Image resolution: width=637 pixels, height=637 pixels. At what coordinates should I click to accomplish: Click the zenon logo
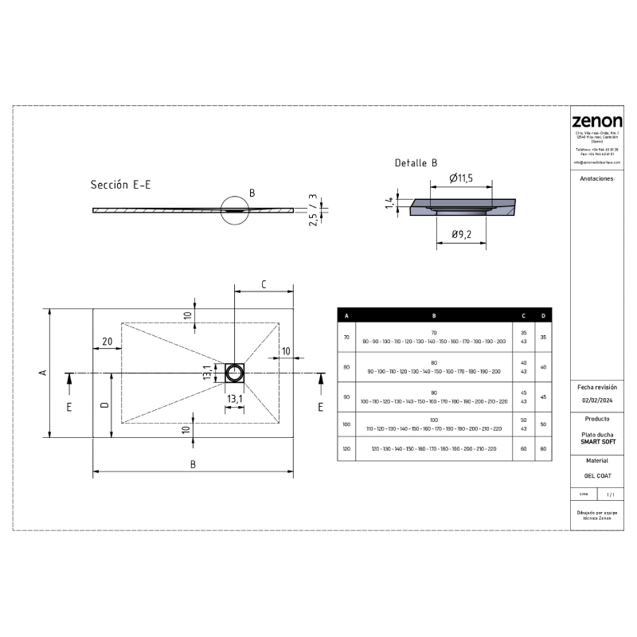[597, 121]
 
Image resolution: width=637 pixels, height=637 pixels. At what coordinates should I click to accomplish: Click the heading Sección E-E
[120, 185]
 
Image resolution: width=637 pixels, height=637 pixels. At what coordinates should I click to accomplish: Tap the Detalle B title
[416, 163]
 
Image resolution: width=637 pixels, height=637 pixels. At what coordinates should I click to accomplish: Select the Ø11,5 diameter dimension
[461, 178]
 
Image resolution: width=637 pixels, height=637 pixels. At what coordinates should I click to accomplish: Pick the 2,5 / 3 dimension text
[314, 209]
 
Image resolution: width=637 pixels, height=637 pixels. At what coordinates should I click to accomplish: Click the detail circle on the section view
[235, 210]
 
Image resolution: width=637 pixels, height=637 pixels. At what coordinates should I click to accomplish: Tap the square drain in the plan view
[235, 373]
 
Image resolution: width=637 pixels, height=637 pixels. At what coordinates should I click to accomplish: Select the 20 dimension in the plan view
[107, 342]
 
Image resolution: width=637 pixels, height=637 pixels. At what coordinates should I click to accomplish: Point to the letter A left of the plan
[45, 373]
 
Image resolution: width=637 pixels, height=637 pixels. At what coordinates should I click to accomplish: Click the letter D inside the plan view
[104, 405]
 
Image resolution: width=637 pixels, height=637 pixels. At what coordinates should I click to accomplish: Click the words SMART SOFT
[597, 441]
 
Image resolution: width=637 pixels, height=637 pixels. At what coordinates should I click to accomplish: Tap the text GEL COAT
[597, 475]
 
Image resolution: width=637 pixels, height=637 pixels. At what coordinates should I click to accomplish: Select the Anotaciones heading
[597, 180]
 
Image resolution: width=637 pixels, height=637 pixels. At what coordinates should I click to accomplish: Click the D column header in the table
[543, 316]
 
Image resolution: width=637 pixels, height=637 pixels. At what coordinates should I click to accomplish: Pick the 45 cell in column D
[543, 397]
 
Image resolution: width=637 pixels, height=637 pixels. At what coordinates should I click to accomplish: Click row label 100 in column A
[346, 424]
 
